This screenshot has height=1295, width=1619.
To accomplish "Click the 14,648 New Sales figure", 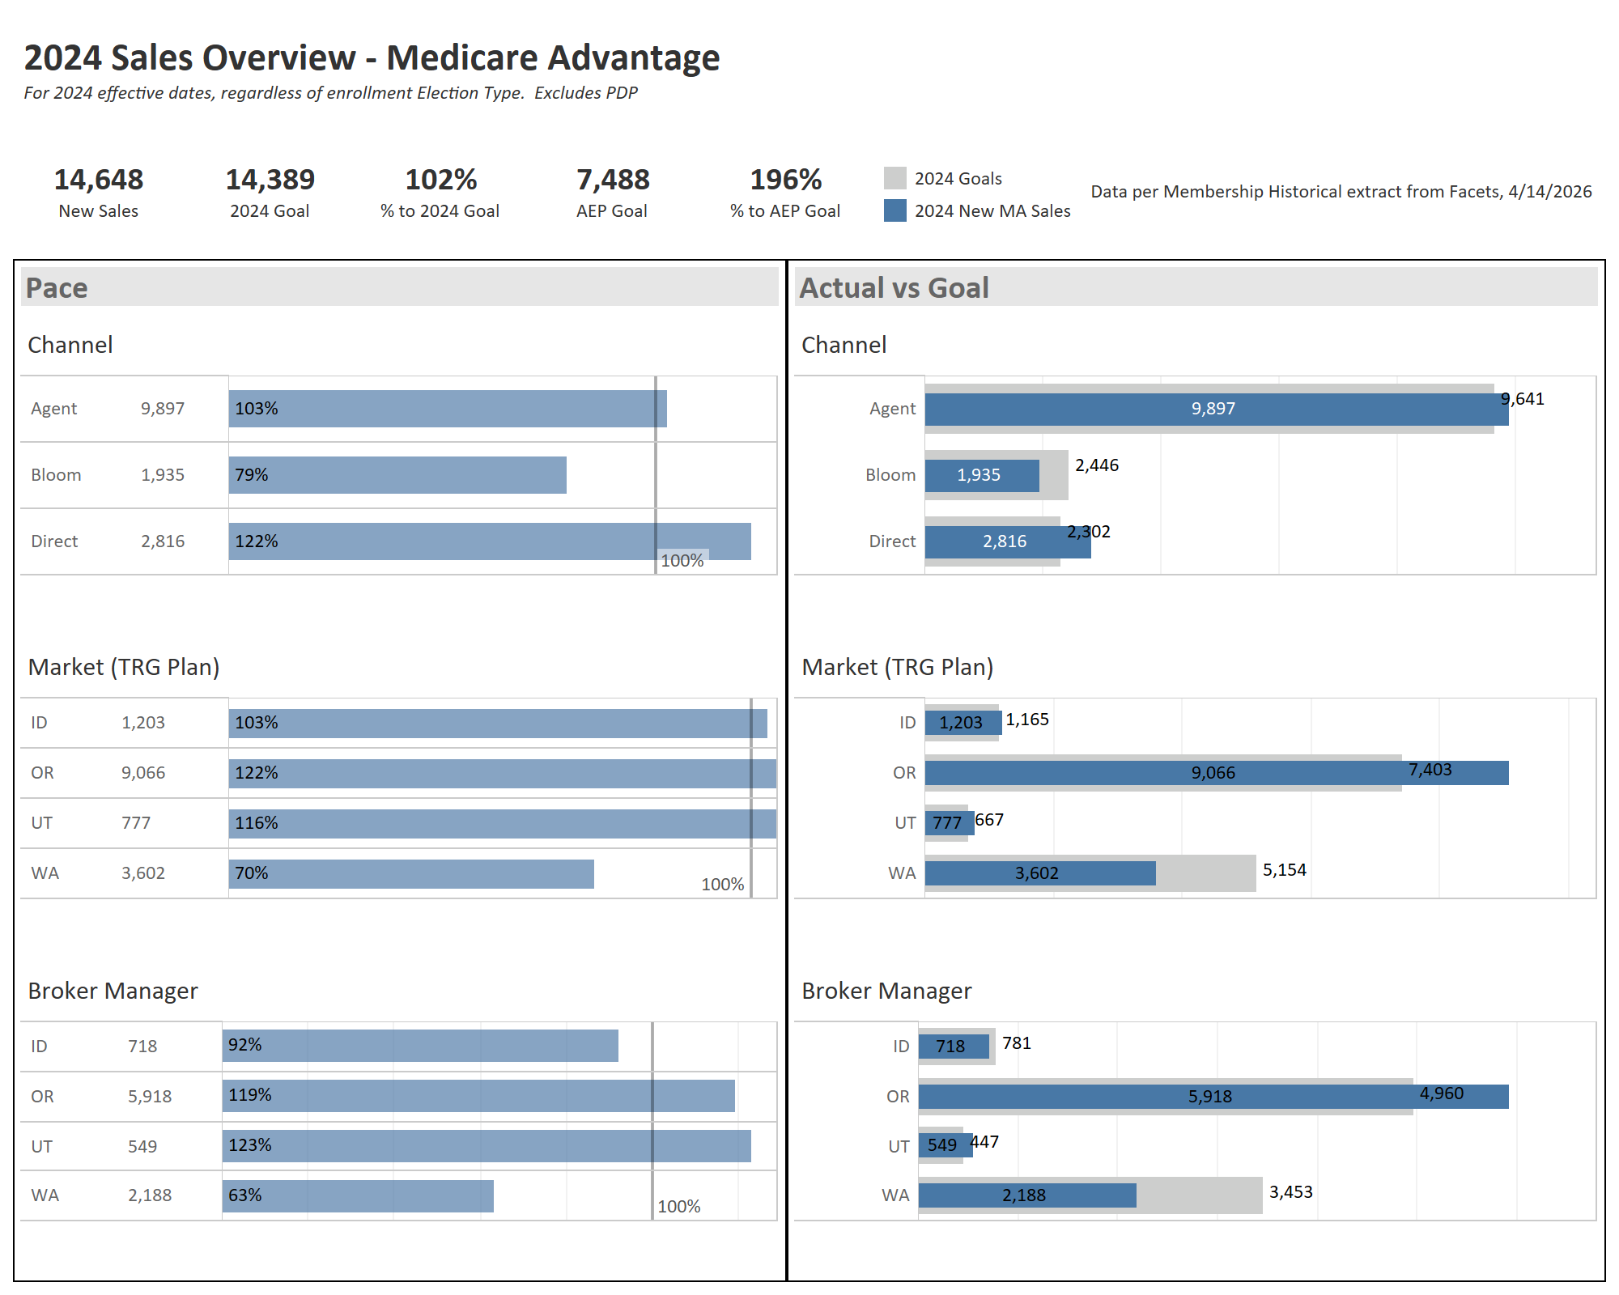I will tap(98, 180).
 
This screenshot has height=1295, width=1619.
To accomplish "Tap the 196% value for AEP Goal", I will tap(785, 180).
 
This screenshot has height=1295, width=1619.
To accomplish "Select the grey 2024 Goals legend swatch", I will tap(894, 178).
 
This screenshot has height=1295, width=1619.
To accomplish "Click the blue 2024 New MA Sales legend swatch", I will tap(894, 210).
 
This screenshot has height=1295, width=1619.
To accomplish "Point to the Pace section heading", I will tap(57, 288).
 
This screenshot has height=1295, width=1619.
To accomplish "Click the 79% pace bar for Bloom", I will tap(397, 475).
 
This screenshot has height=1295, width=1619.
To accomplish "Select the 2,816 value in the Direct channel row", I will tap(163, 541).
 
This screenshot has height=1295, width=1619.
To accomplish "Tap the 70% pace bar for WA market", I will tap(411, 874).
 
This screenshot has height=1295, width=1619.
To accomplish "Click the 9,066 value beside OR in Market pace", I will tap(143, 773).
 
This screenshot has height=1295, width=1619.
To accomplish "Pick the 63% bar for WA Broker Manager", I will tap(358, 1196).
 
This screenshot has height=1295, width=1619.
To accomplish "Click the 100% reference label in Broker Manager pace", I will tap(678, 1207).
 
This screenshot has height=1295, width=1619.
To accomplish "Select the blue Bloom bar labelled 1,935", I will tap(981, 475).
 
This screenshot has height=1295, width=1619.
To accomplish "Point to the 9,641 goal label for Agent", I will tap(1523, 399).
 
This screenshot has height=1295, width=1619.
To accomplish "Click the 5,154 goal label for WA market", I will tap(1285, 870).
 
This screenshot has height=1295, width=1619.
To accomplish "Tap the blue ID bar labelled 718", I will tap(953, 1047).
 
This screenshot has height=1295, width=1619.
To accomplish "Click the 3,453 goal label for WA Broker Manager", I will tap(1291, 1192).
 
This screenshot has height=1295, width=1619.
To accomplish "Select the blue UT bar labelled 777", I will tap(949, 823).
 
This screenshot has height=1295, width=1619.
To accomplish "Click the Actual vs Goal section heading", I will tap(894, 288).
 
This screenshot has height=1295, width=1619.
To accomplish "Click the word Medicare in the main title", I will tap(473, 58).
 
